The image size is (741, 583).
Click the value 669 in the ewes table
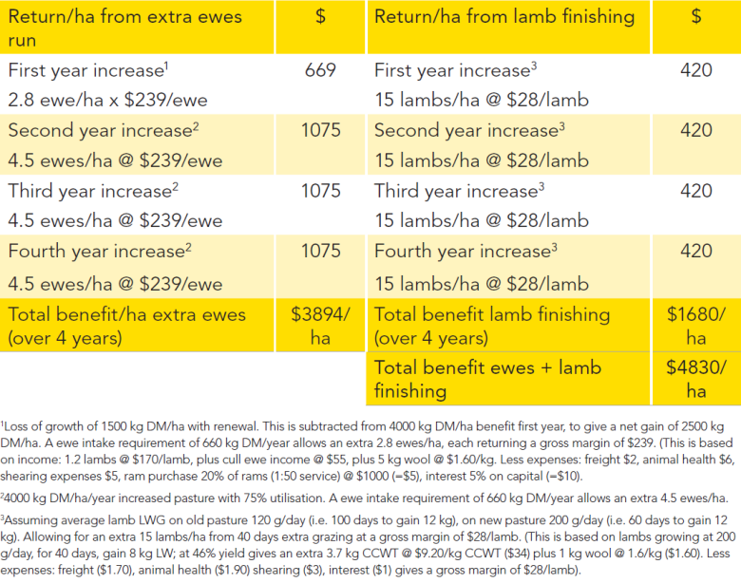coord(320,70)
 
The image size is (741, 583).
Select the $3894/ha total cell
coord(320,326)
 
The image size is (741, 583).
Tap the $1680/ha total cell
coord(696,326)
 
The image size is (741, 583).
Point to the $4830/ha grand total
coord(696,379)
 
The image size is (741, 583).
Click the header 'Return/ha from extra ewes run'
coord(124,28)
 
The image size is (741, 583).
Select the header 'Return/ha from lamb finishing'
coord(504,17)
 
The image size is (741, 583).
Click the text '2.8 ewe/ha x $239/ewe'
coord(107,100)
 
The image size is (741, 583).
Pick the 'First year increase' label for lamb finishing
coord(456,70)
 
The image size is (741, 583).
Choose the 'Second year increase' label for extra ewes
coord(104,130)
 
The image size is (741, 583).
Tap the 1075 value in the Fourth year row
coord(321,251)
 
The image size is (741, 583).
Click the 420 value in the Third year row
coord(696,191)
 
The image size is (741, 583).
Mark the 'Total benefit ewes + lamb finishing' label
coord(487,379)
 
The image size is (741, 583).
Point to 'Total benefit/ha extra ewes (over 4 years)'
coord(126,326)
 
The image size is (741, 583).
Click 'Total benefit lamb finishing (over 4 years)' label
coord(492,326)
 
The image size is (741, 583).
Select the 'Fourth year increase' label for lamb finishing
coord(465,251)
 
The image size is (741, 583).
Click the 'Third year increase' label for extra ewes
coord(93,191)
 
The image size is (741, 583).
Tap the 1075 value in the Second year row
coord(321,130)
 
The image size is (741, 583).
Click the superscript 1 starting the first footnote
coord(2,423)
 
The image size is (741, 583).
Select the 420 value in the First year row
coord(696,70)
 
